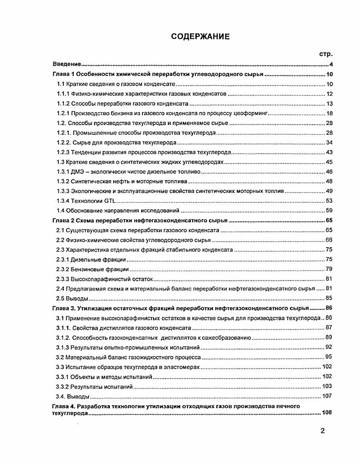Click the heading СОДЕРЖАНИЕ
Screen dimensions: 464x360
click(200, 37)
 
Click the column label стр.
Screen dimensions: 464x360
click(326, 54)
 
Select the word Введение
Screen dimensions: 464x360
click(66, 64)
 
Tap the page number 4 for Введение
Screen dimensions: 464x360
click(331, 64)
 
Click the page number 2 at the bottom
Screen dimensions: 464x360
click(322, 431)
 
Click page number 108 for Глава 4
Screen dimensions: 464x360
click(326, 413)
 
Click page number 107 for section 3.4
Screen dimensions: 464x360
click(326, 396)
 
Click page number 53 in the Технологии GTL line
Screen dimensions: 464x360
click(329, 201)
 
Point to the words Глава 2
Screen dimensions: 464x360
click(63, 220)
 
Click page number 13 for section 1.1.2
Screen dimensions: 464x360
click(329, 103)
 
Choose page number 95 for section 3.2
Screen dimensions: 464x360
click(329, 357)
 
